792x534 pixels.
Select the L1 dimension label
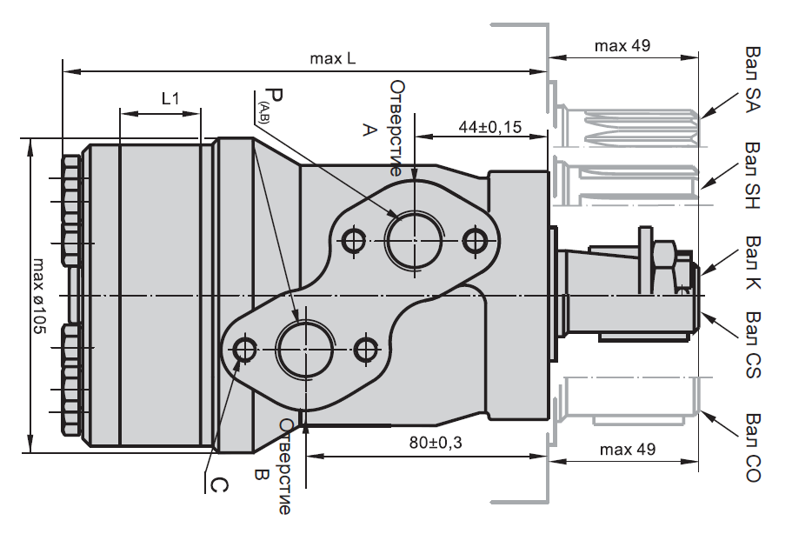170,99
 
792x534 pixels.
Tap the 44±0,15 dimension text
489,127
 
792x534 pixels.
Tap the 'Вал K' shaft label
753,261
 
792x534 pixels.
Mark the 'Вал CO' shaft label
753,449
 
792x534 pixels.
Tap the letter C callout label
219,481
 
